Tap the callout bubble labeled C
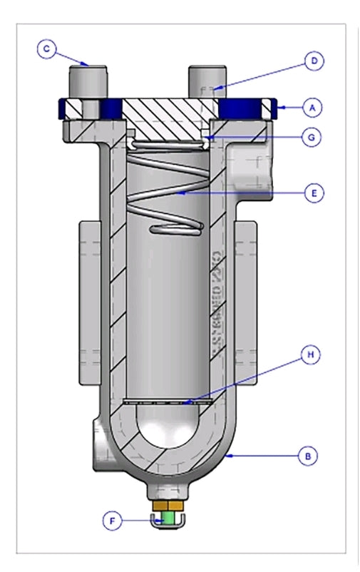click(47, 48)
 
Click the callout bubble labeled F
click(111, 521)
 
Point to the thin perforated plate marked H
click(168, 402)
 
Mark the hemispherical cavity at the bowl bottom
click(168, 428)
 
